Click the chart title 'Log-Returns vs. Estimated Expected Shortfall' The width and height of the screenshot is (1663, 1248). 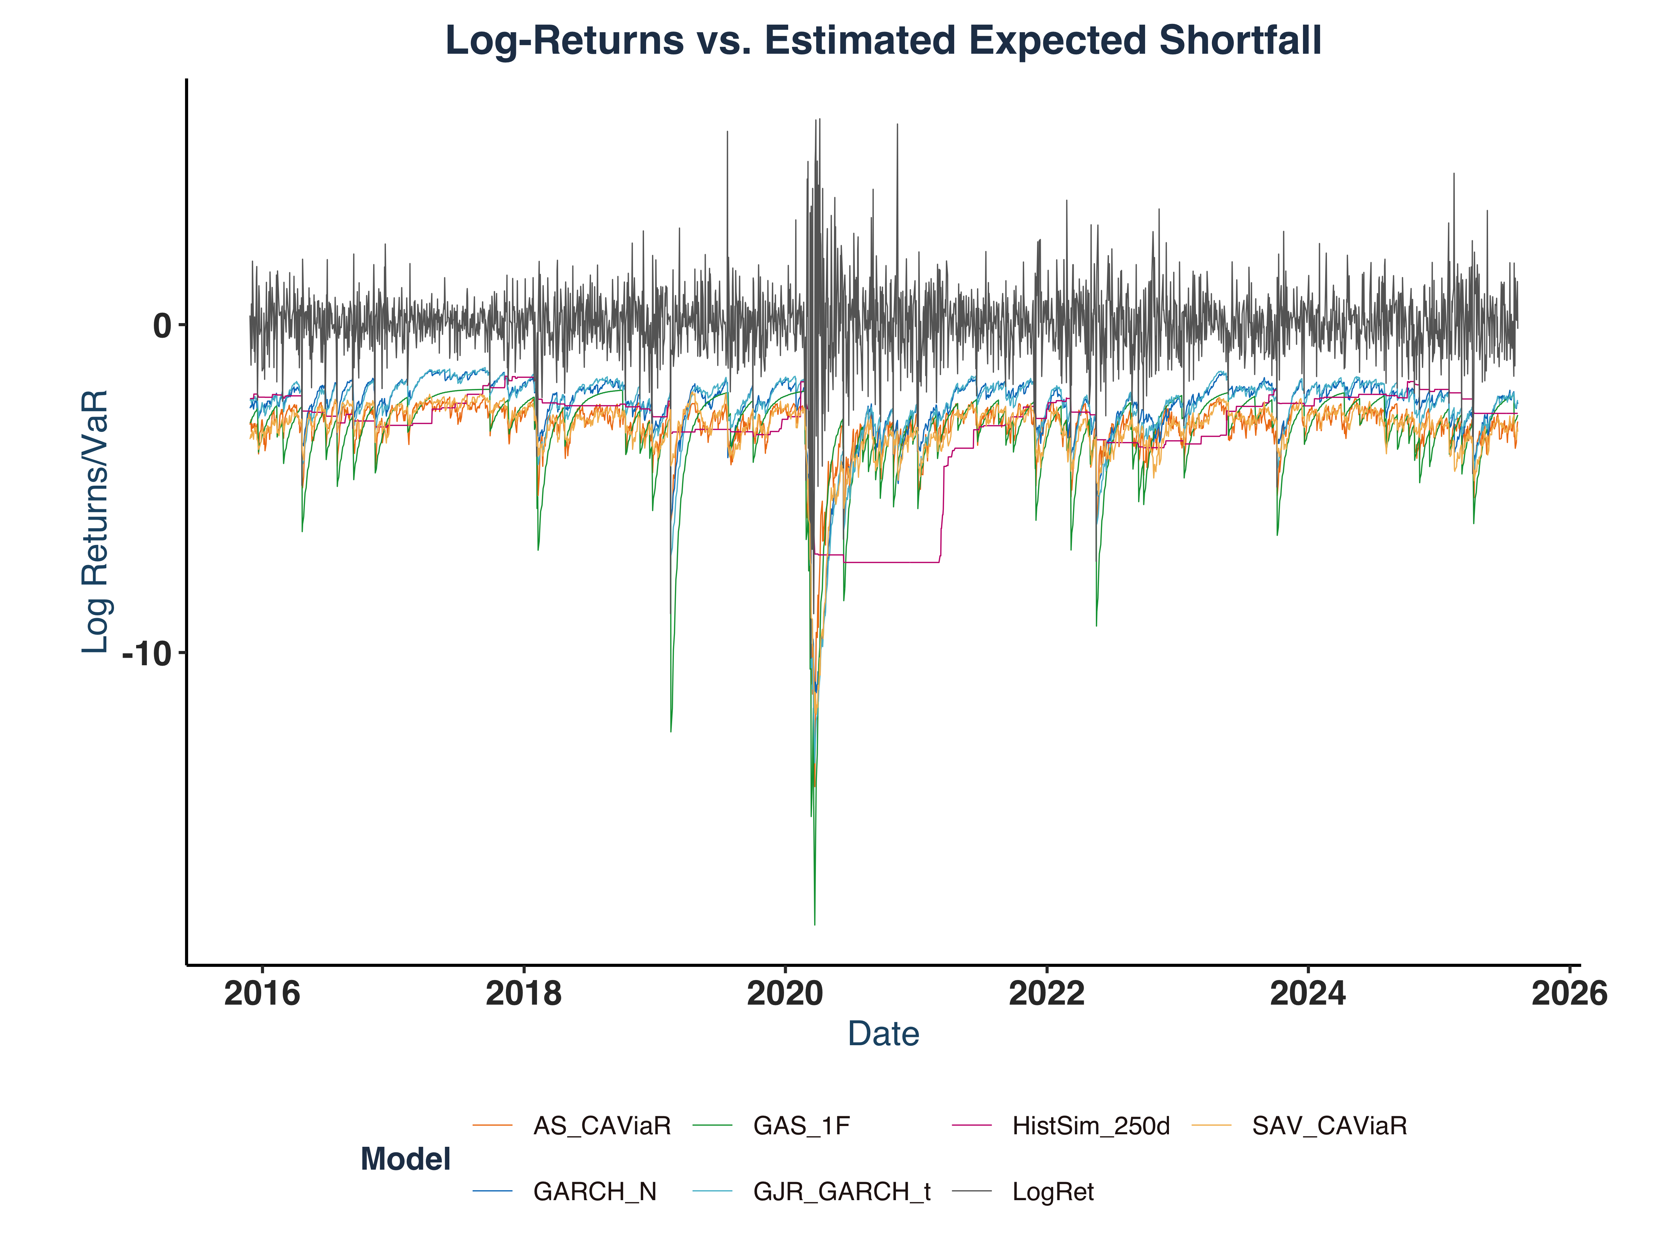pyautogui.click(x=883, y=41)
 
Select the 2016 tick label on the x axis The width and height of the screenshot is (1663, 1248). pyautogui.click(x=262, y=994)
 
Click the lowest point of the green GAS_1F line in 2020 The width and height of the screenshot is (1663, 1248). pyautogui.click(x=814, y=924)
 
